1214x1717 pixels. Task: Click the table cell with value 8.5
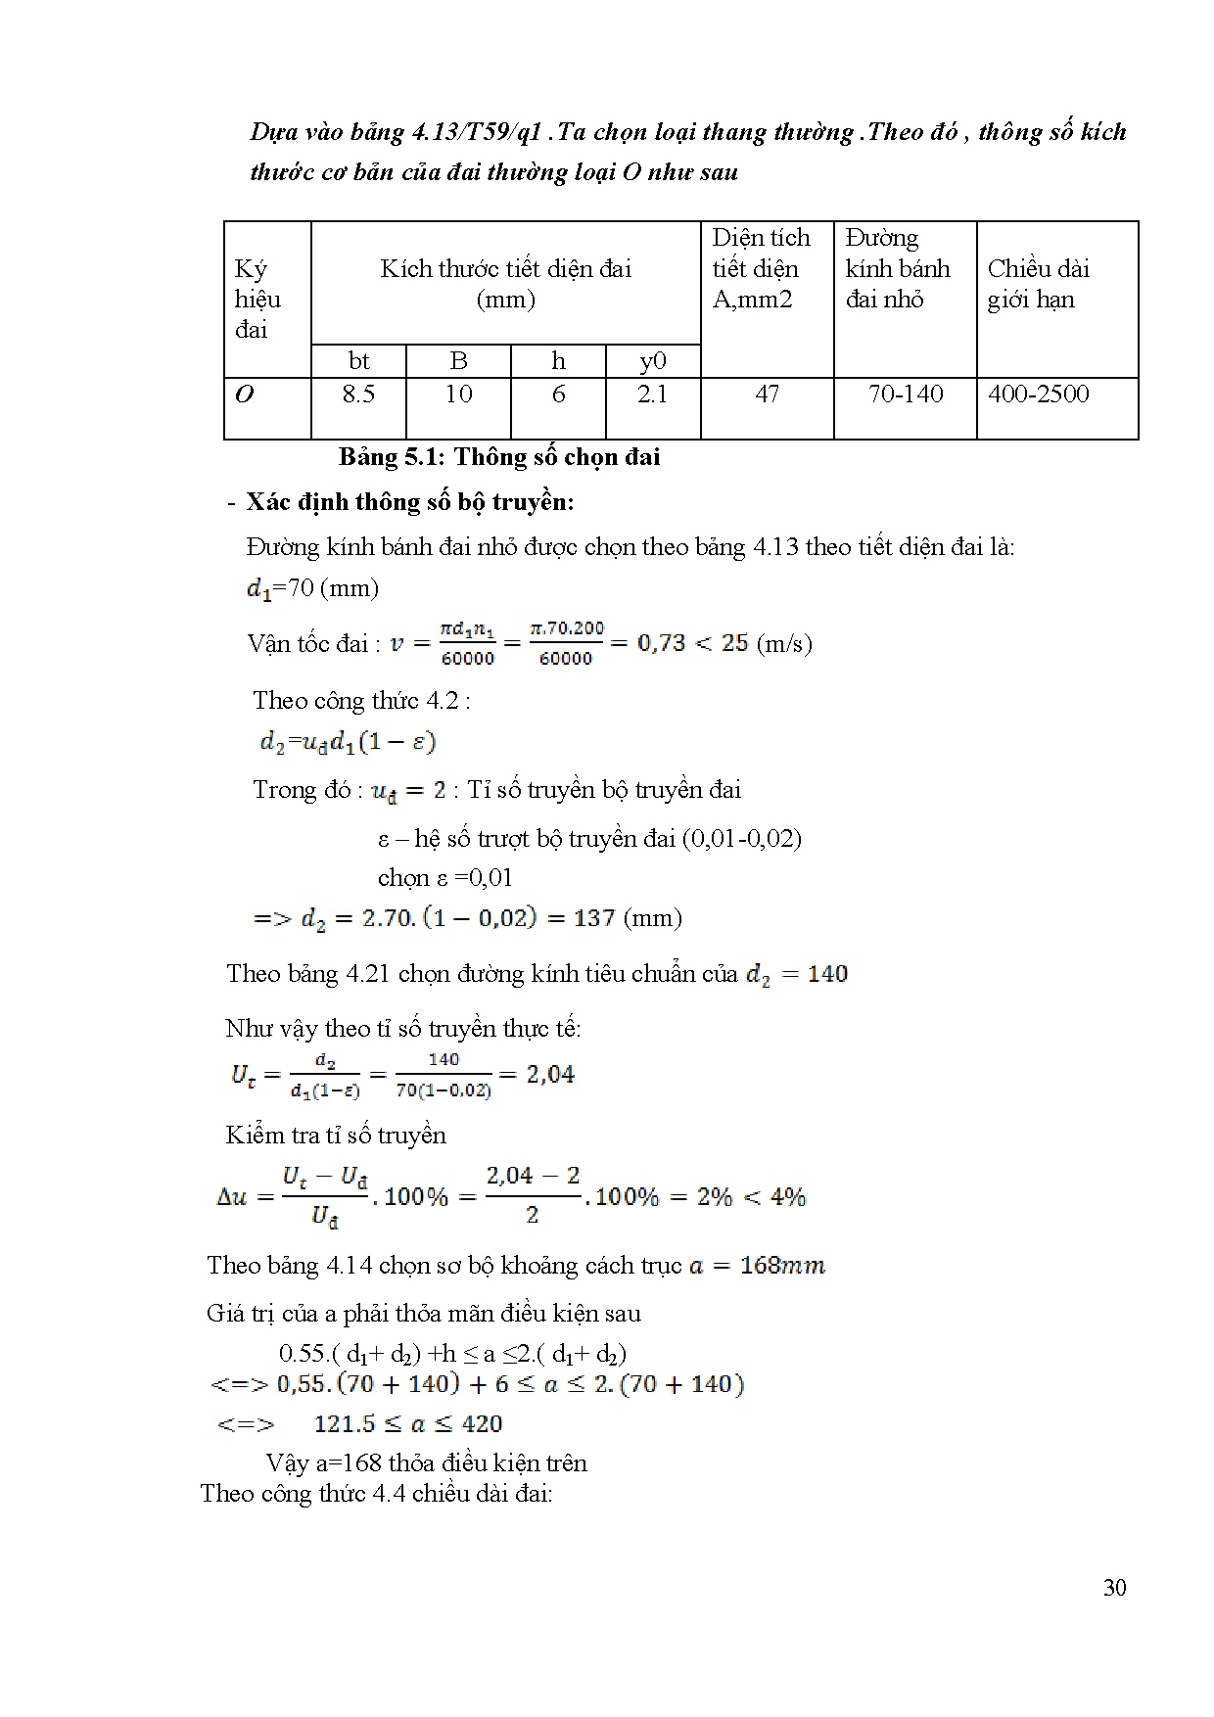click(358, 394)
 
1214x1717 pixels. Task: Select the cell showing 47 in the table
click(767, 394)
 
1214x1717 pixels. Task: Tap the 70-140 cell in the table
click(906, 394)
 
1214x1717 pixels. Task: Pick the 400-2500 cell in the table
click(1038, 394)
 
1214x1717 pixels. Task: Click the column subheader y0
click(653, 361)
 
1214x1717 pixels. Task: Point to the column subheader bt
click(358, 361)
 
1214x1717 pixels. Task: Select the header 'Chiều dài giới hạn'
click(1038, 284)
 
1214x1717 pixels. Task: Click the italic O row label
click(245, 394)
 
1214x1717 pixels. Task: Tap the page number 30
click(1114, 1588)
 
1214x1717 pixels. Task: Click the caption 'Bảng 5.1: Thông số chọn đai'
click(499, 457)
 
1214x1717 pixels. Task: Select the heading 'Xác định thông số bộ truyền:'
click(409, 502)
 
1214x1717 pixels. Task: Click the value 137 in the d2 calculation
click(594, 918)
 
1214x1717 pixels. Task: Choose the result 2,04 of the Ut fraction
click(550, 1075)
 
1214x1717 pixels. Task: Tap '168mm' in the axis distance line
click(782, 1266)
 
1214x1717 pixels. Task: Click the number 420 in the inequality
click(482, 1424)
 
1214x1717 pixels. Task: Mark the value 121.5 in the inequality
click(346, 1424)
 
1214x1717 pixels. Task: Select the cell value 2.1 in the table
click(653, 394)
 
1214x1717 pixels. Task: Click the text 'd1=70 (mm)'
click(312, 588)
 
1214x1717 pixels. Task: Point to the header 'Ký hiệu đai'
click(257, 299)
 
